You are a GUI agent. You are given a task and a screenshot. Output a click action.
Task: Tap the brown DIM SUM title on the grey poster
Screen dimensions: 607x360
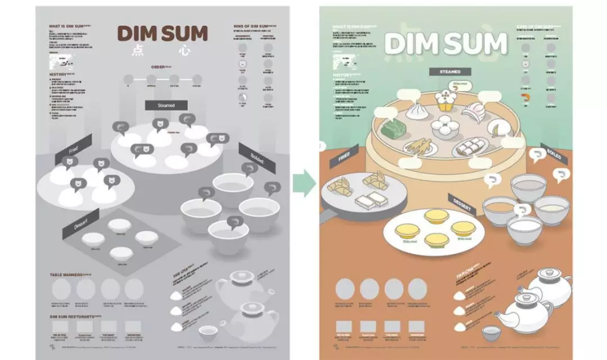162,34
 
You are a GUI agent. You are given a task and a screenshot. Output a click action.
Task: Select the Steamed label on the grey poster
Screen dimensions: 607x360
166,105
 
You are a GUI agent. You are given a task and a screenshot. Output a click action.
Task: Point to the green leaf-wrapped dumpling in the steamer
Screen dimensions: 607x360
394,129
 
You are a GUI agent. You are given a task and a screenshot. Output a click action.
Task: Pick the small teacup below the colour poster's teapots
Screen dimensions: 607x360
493,332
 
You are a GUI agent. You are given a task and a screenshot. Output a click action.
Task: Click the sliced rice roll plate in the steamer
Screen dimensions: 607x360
465,148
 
